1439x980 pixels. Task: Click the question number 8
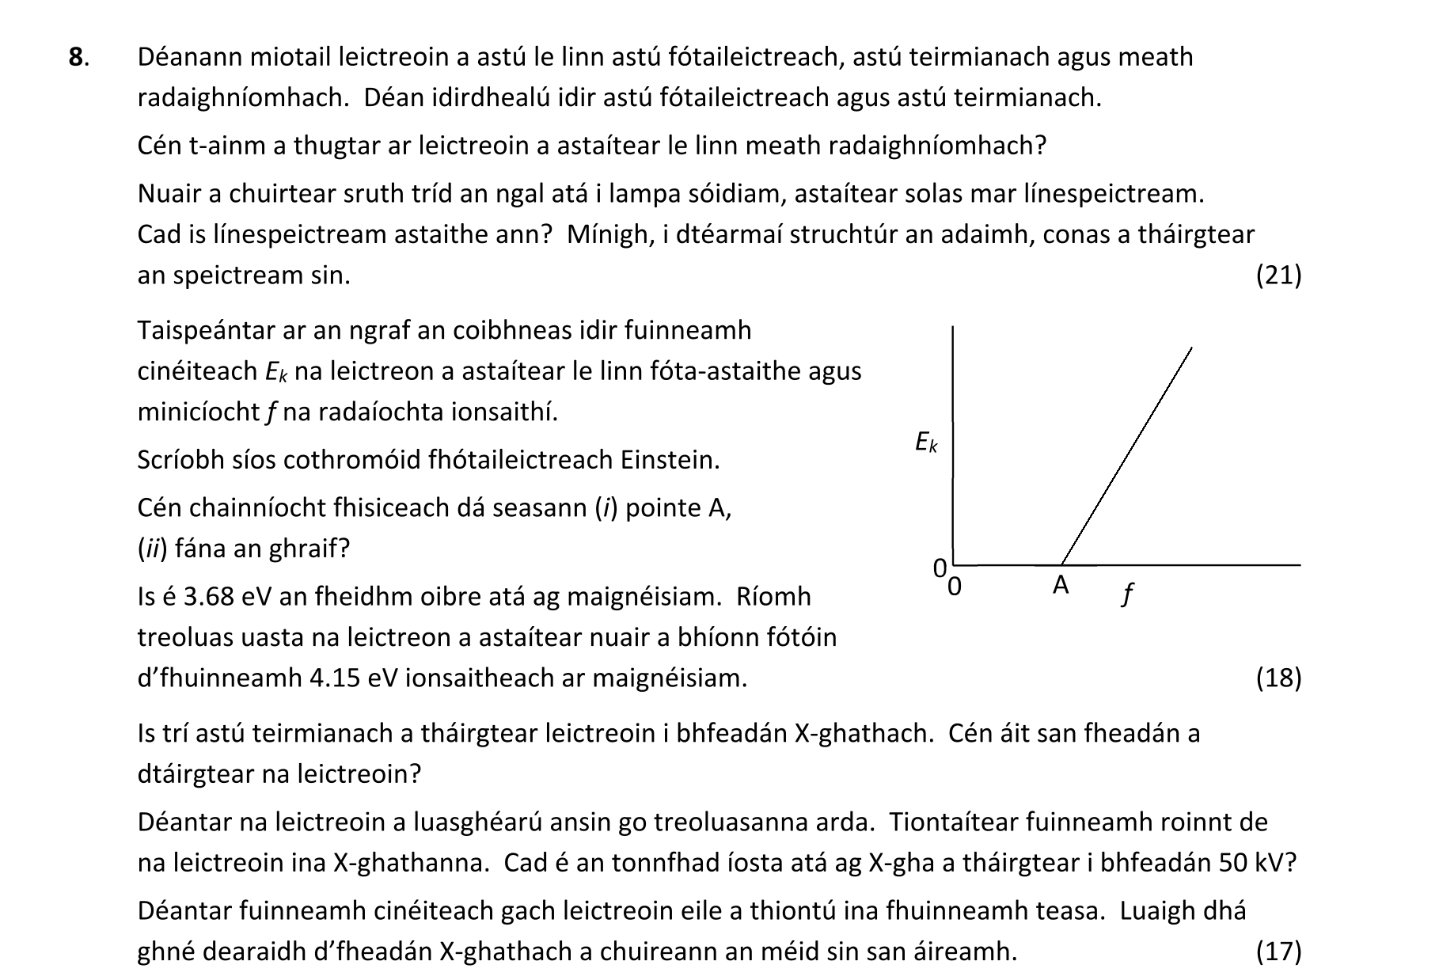point(77,57)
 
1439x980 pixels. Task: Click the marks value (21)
point(1278,275)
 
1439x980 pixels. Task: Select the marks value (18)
point(1278,678)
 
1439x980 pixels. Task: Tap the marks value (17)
point(1278,951)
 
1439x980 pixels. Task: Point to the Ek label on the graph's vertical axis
point(925,442)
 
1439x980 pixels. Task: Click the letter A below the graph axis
point(1061,586)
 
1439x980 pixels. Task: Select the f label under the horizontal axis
point(1127,593)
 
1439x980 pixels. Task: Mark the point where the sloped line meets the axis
point(1061,564)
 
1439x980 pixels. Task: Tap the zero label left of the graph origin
point(940,568)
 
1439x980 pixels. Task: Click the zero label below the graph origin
point(955,587)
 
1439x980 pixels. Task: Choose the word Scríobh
point(179,459)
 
